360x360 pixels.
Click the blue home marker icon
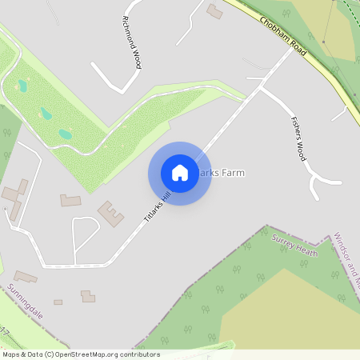(x=180, y=173)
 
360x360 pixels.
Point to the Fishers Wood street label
(x=297, y=138)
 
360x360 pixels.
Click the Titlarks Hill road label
(x=158, y=206)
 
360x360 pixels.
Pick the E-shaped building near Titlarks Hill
(x=110, y=214)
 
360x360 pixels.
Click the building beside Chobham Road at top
(x=214, y=11)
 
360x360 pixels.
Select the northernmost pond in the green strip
(x=22, y=85)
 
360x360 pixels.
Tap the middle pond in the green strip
(x=46, y=114)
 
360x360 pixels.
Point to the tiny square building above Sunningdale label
(x=58, y=302)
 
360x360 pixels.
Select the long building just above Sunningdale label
(x=25, y=278)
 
